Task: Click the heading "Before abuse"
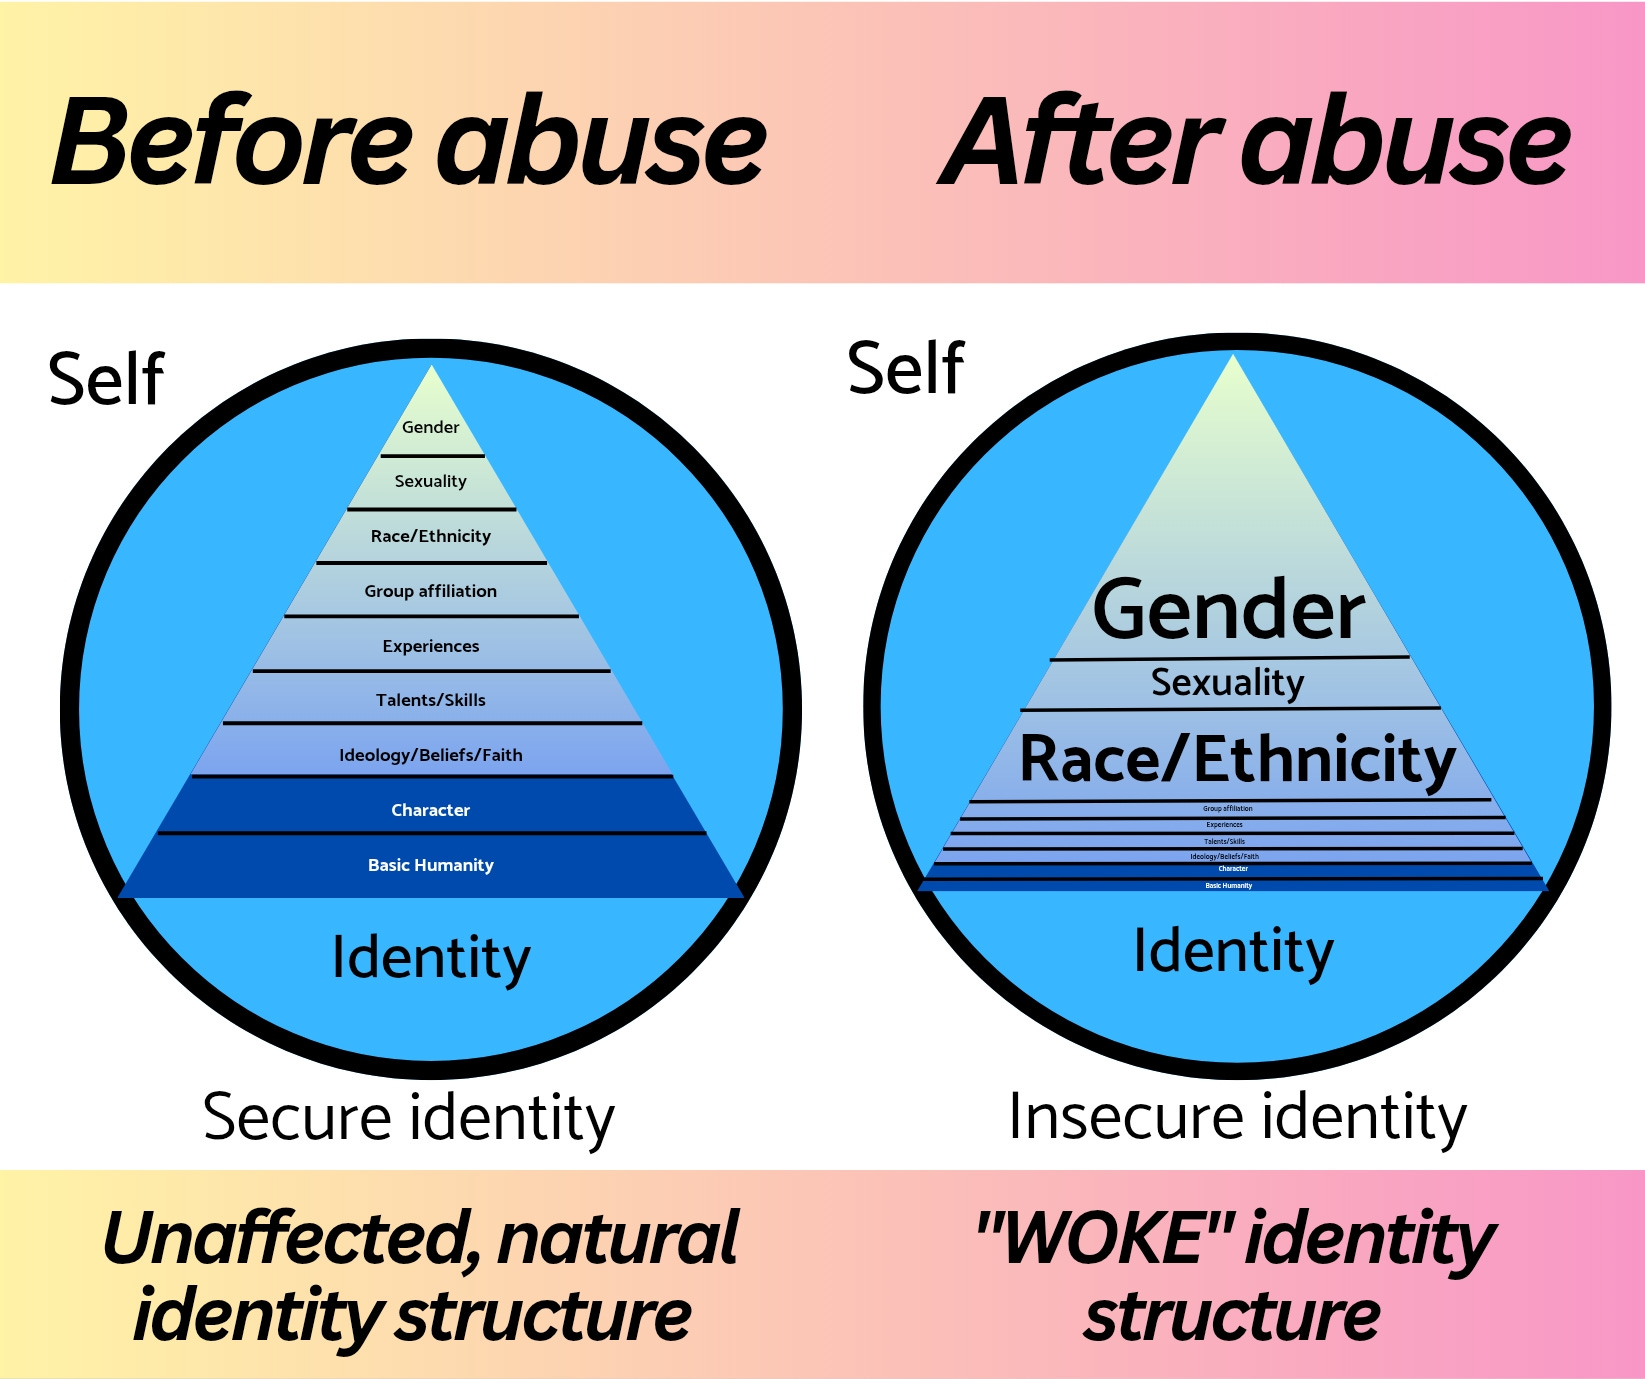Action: click(x=408, y=142)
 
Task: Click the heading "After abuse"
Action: click(x=1254, y=142)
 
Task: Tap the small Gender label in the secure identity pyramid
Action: click(x=430, y=427)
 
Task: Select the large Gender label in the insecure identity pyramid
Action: click(x=1229, y=610)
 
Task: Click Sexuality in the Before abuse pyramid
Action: click(x=430, y=481)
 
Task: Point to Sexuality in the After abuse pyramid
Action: click(x=1227, y=683)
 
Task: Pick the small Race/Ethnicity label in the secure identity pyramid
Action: click(x=430, y=536)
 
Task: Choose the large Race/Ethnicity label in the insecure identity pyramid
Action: click(x=1237, y=759)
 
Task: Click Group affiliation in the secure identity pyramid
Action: click(x=430, y=591)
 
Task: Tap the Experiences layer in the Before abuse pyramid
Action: click(x=430, y=646)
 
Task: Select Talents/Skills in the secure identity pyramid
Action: click(x=430, y=700)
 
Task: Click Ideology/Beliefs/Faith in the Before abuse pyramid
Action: click(x=430, y=755)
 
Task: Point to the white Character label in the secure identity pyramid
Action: click(x=430, y=810)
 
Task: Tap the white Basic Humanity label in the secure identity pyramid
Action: click(x=430, y=865)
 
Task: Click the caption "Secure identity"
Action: click(x=408, y=1117)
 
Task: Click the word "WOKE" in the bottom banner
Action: click(x=1104, y=1238)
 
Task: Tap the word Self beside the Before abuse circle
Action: click(x=106, y=380)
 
